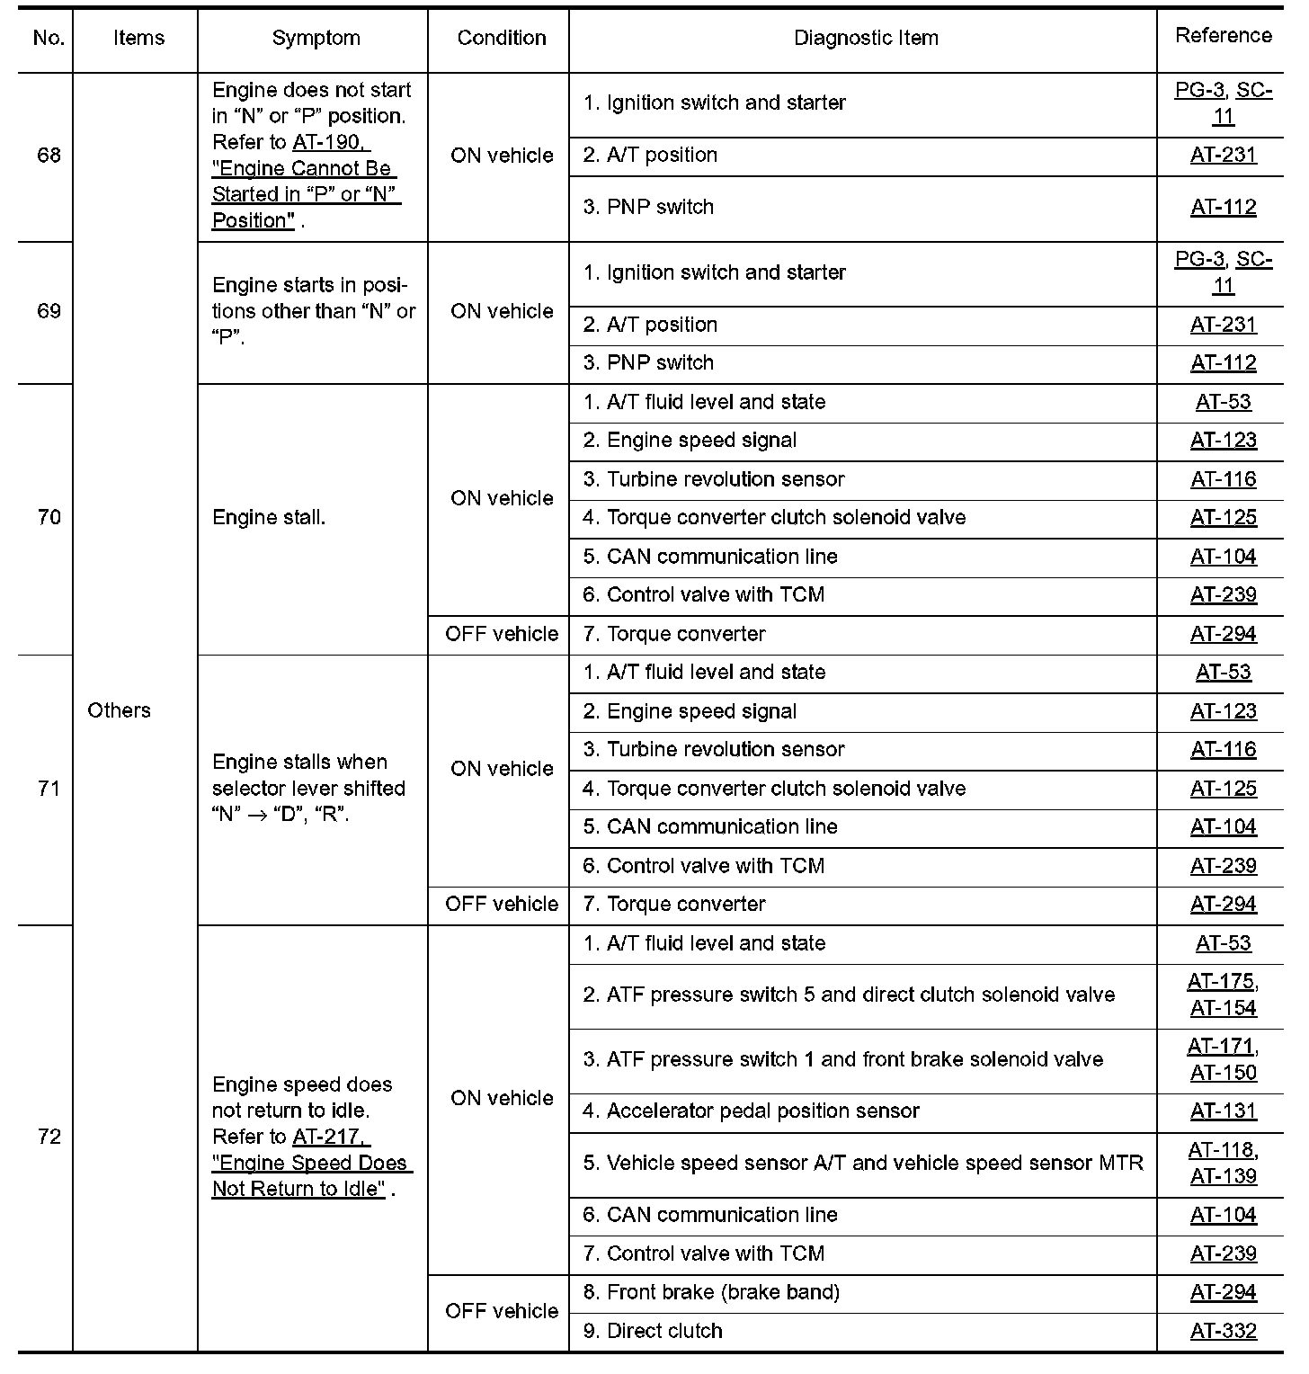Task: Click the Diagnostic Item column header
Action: [x=866, y=38]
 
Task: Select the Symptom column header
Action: [x=316, y=38]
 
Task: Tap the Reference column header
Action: [x=1223, y=35]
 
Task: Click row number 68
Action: [x=49, y=156]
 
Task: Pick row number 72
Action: [x=49, y=1137]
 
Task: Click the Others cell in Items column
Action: [x=119, y=710]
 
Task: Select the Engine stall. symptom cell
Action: [x=269, y=517]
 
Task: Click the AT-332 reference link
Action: [x=1223, y=1331]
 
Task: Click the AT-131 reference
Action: [x=1223, y=1111]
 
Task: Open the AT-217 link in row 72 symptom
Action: [x=330, y=1137]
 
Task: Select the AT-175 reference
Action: [x=1221, y=982]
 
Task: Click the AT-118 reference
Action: [x=1221, y=1150]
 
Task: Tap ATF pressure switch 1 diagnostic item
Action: [x=842, y=1059]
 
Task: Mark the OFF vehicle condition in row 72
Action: [x=502, y=1311]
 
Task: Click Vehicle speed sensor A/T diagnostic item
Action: [x=863, y=1163]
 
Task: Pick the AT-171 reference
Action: [x=1221, y=1047]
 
